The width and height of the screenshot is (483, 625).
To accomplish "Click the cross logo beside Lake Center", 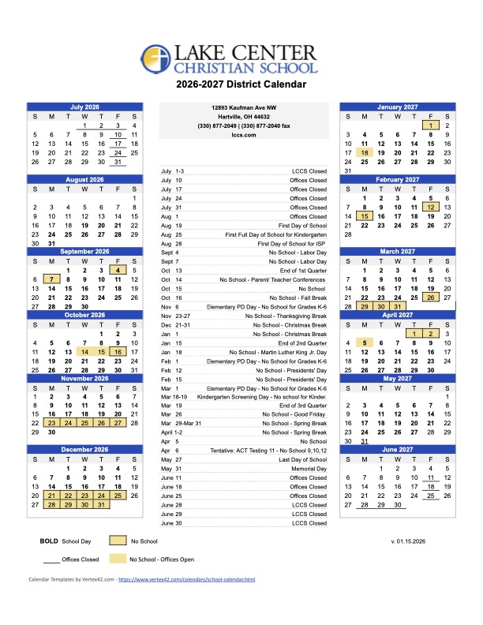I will tap(156, 59).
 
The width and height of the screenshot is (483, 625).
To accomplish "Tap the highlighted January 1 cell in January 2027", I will tap(430, 125).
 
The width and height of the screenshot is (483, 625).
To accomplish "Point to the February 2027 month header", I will tap(397, 179).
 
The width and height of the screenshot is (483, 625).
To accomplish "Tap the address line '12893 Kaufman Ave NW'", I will tap(241, 107).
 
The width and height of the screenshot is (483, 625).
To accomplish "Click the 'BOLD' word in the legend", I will tap(47, 541).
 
